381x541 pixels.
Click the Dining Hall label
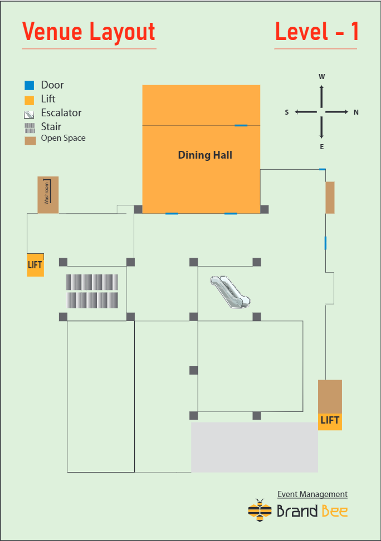(x=205, y=155)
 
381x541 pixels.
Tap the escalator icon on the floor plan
(x=230, y=292)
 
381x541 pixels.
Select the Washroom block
(x=48, y=195)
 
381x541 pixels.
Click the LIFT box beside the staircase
(x=35, y=265)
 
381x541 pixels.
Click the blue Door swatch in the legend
(x=30, y=85)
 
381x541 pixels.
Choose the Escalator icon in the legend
(x=29, y=114)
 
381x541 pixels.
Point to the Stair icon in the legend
(x=30, y=128)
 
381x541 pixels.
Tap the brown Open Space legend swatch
(x=31, y=141)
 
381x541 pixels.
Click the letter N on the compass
(x=356, y=112)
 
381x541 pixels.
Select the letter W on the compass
(x=321, y=77)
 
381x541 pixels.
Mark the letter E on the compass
(x=321, y=147)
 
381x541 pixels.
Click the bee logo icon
(x=260, y=510)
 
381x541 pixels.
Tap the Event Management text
(x=312, y=494)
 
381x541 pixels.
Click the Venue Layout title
(x=89, y=32)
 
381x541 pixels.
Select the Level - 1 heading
(x=317, y=31)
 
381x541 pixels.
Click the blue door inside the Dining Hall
(x=241, y=125)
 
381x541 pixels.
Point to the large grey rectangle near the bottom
(x=255, y=447)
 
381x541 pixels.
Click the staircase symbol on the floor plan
(x=92, y=291)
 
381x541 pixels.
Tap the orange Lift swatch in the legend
(x=30, y=100)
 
